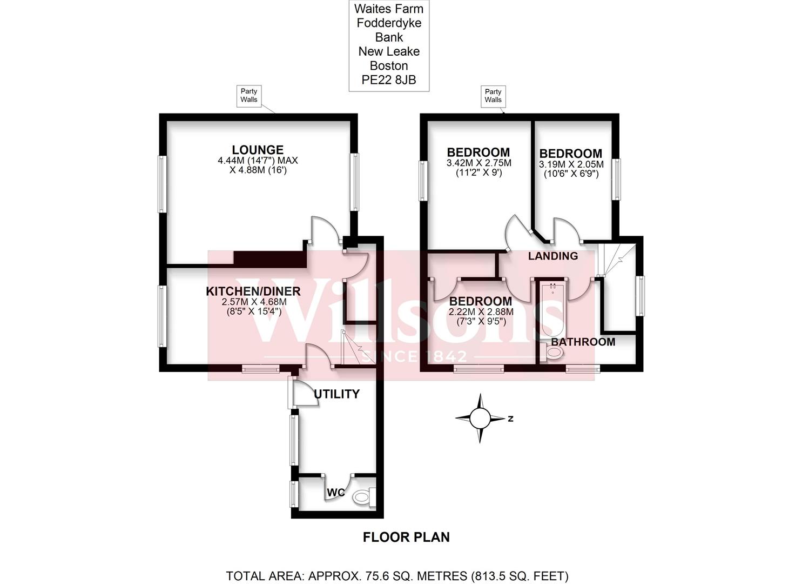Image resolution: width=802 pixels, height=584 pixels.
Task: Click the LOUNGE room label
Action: click(258, 150)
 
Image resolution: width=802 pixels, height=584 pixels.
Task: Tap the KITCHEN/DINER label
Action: click(253, 291)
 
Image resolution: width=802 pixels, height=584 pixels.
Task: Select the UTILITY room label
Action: click(336, 394)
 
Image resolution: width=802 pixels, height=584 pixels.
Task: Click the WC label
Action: click(335, 493)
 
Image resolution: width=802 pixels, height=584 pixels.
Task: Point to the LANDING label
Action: click(552, 256)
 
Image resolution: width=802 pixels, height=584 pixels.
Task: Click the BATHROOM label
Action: click(583, 342)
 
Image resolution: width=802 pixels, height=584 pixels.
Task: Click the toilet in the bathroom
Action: click(553, 354)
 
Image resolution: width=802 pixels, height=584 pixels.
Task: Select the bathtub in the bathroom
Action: click(552, 308)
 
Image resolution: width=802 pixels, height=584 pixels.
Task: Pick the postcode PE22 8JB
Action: click(388, 80)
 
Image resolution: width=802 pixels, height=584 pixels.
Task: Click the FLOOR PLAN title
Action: click(406, 537)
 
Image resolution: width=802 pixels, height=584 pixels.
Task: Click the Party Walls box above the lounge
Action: click(249, 96)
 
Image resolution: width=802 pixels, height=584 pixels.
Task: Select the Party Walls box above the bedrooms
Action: click(493, 96)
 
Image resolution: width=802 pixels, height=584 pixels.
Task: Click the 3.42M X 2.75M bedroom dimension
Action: click(478, 163)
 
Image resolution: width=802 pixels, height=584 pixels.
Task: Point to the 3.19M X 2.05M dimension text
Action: click(571, 164)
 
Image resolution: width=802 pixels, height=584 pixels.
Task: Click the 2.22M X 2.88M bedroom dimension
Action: click(481, 312)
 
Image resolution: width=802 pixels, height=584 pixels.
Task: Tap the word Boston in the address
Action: click(388, 66)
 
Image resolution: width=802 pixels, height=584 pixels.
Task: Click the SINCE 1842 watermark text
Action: click(414, 356)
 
